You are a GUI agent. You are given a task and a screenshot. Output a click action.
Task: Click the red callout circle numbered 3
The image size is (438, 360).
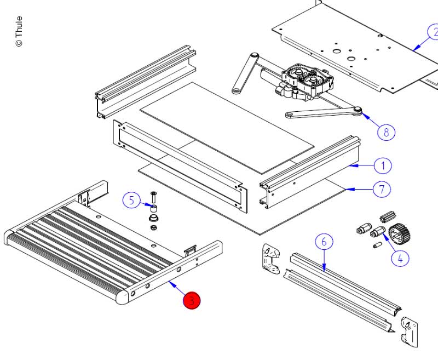coord(192,300)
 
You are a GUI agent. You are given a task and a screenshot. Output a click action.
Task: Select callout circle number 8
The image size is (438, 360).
coord(386,132)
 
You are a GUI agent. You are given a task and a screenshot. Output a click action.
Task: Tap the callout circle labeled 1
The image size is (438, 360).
coord(383,165)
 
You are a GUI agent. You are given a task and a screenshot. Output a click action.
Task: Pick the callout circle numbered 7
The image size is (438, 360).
coord(382,190)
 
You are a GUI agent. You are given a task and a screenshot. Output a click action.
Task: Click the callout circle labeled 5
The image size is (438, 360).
coord(131,200)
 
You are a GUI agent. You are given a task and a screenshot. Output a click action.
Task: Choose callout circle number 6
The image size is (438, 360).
coord(324,242)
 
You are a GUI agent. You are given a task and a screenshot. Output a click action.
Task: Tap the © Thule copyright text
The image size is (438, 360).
coord(19,31)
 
